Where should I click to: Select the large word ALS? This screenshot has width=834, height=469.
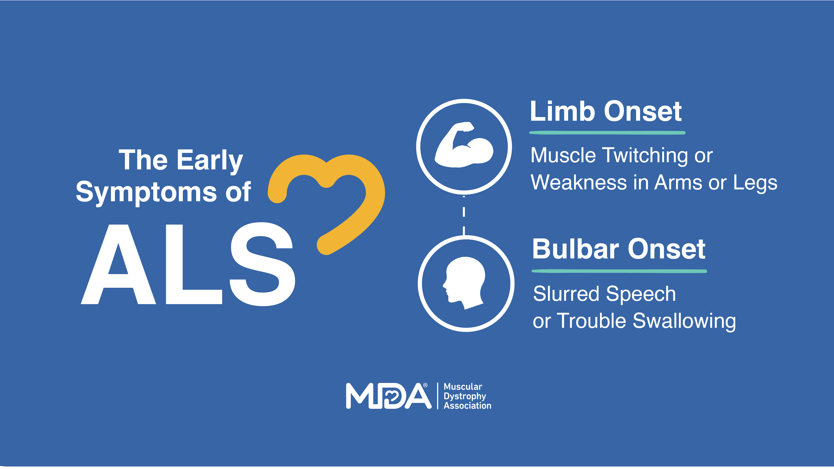click(188, 264)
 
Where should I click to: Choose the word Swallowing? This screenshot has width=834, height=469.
click(684, 321)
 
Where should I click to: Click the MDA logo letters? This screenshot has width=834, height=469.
click(388, 396)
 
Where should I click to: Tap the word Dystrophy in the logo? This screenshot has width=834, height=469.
click(465, 396)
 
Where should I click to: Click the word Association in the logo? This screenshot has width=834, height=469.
click(467, 405)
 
